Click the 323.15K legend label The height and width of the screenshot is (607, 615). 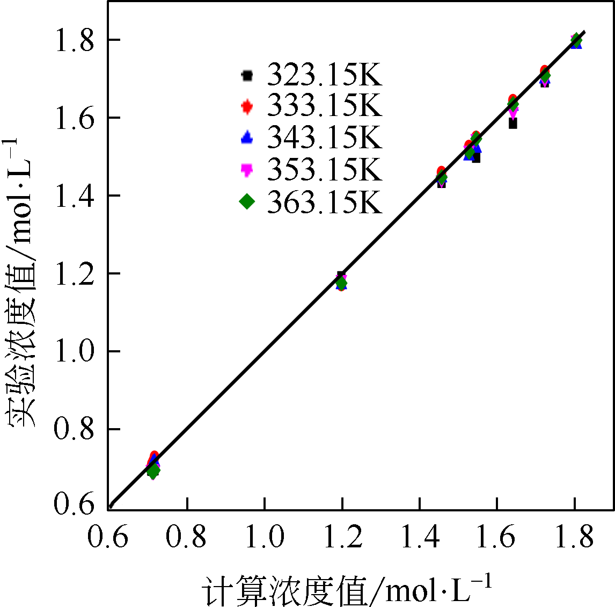click(324, 75)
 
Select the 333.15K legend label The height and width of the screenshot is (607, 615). click(324, 106)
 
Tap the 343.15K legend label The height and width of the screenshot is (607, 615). click(324, 138)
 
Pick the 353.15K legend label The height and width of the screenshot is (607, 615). click(324, 170)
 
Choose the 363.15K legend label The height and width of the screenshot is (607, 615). click(324, 202)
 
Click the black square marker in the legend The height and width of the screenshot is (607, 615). click(247, 75)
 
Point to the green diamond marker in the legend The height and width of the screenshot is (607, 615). click(247, 201)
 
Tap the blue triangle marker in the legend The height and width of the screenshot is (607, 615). click(247, 138)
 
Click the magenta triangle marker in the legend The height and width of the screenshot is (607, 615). click(247, 170)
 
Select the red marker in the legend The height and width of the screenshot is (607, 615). click(247, 106)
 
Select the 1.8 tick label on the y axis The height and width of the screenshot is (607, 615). click(75, 40)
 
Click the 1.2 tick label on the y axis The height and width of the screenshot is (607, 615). click(75, 273)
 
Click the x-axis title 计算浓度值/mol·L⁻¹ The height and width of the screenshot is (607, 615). click(347, 589)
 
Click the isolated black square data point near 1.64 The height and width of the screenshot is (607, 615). click(513, 124)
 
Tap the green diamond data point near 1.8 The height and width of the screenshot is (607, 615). click(576, 40)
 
